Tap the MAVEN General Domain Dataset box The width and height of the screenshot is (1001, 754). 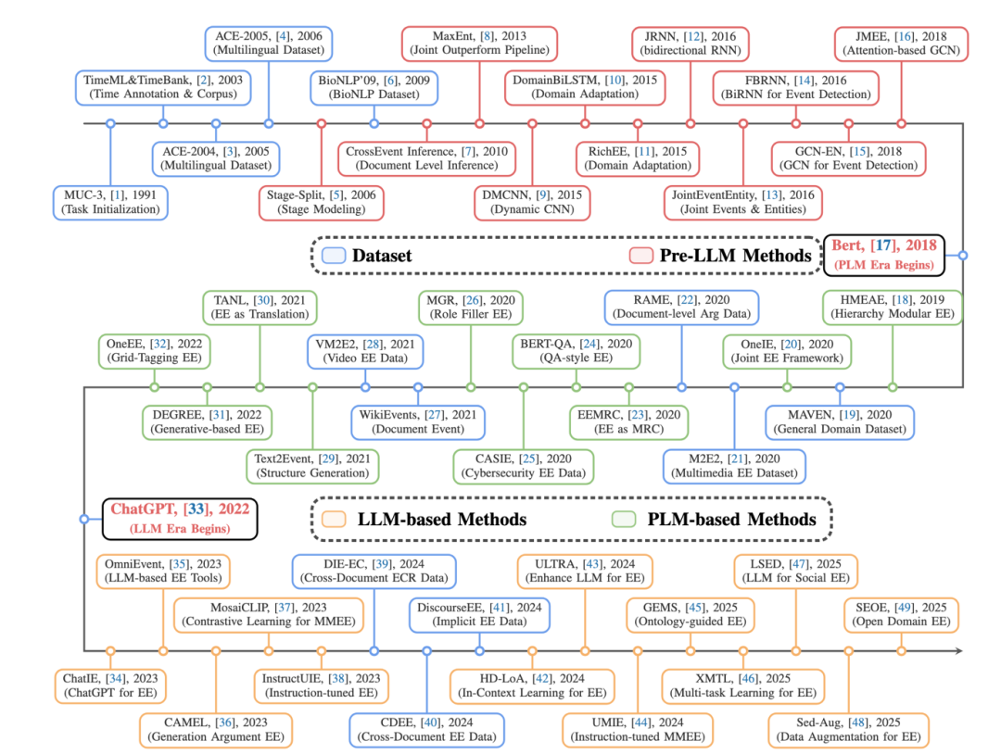point(840,422)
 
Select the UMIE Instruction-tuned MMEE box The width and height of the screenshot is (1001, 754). point(638,730)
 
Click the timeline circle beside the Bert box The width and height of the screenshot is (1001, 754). point(963,254)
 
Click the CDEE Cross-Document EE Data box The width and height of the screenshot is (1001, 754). point(426,730)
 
